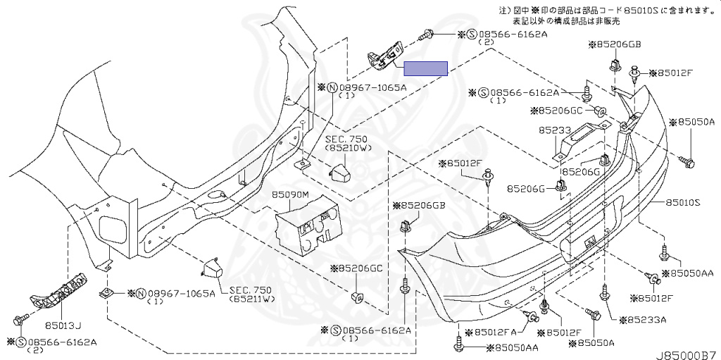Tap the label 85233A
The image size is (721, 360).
(643, 320)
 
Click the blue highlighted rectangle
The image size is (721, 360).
(425, 68)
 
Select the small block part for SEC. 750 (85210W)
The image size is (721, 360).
(341, 171)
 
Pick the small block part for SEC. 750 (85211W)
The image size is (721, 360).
(213, 269)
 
